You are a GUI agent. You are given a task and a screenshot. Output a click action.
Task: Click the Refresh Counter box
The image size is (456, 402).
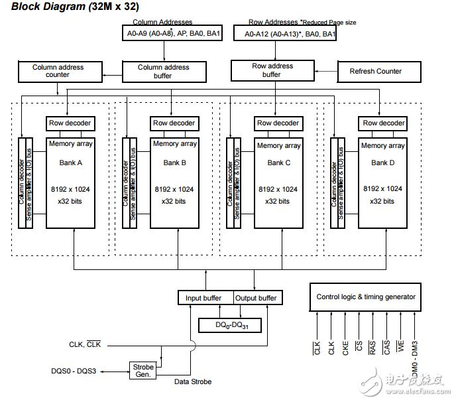(x=375, y=71)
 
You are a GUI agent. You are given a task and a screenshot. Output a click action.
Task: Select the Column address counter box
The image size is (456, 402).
(x=58, y=71)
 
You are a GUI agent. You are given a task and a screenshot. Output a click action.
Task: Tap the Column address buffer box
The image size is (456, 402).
(x=163, y=71)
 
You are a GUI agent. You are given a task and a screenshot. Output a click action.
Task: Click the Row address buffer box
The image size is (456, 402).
(x=272, y=70)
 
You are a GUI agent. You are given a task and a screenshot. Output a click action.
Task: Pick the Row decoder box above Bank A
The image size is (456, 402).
(x=70, y=123)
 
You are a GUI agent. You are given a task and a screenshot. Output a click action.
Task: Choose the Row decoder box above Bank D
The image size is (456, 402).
(x=383, y=123)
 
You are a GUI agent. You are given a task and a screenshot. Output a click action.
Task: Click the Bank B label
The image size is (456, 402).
(x=174, y=163)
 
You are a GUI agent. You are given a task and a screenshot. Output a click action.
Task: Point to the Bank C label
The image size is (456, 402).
(x=278, y=163)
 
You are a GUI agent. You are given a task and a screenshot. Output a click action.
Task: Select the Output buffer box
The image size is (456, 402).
(x=256, y=298)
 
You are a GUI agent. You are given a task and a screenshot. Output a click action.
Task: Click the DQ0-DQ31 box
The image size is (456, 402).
(x=230, y=325)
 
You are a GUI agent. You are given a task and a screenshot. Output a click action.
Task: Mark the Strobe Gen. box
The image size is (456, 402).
(x=143, y=370)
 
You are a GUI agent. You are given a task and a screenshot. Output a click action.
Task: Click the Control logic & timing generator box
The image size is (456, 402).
(x=365, y=297)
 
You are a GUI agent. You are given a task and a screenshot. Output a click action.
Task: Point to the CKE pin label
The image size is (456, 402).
(x=345, y=348)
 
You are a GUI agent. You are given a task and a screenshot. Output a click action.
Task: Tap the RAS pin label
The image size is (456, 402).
(x=372, y=348)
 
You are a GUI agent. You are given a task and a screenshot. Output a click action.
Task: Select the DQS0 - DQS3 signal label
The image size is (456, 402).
(x=74, y=371)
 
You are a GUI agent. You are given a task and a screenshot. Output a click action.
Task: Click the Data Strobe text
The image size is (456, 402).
(x=193, y=381)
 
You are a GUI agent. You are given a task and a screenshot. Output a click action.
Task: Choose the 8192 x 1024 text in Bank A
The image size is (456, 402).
(x=70, y=189)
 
